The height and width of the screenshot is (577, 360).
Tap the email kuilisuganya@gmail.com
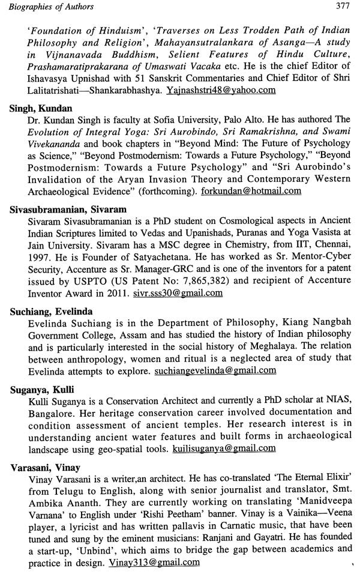coord(224,448)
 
